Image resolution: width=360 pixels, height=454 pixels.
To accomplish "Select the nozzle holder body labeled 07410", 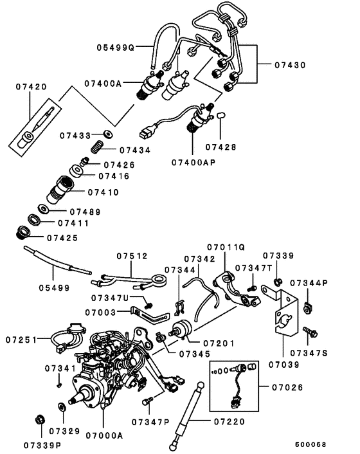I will point(60,190).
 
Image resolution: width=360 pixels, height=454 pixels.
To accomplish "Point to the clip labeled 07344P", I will point(307,309).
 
